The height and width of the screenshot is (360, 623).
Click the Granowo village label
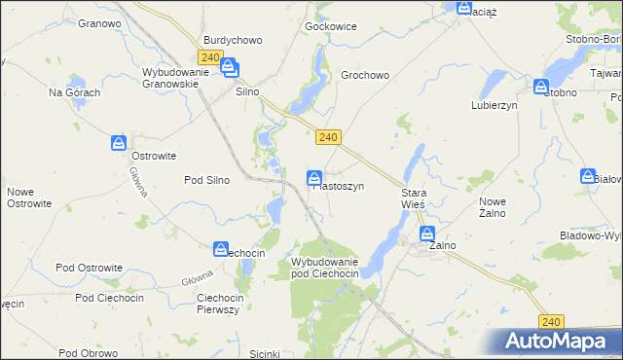point(99,21)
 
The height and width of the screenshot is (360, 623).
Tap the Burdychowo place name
point(233,40)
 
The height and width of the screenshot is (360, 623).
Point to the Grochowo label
point(365,74)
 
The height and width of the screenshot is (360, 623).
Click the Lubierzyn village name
point(494,104)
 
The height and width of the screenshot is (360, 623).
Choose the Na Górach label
point(75,92)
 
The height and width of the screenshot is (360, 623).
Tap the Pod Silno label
point(207,180)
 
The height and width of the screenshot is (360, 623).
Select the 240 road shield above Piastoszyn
point(328,138)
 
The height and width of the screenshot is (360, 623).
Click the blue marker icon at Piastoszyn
point(314,177)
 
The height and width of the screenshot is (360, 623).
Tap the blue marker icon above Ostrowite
point(118,144)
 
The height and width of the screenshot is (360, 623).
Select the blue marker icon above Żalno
point(427,234)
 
